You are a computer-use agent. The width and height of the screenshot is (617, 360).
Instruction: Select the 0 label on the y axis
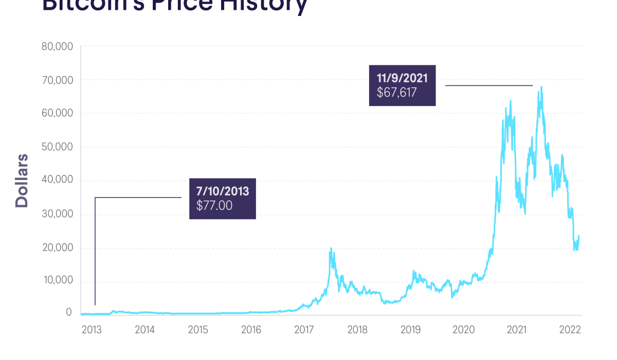point(69,312)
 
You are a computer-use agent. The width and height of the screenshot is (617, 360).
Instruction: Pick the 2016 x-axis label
point(251,330)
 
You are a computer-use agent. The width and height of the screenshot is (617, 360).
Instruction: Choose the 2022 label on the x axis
point(570,330)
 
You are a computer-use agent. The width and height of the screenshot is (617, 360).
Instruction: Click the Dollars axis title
point(22,180)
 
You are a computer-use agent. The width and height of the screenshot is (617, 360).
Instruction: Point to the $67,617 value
point(396,93)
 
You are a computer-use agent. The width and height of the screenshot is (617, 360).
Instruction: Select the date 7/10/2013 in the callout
point(223,191)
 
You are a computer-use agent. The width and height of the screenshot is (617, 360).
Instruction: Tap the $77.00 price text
point(214,205)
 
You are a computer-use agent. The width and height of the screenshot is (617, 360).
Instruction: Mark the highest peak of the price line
point(541,87)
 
